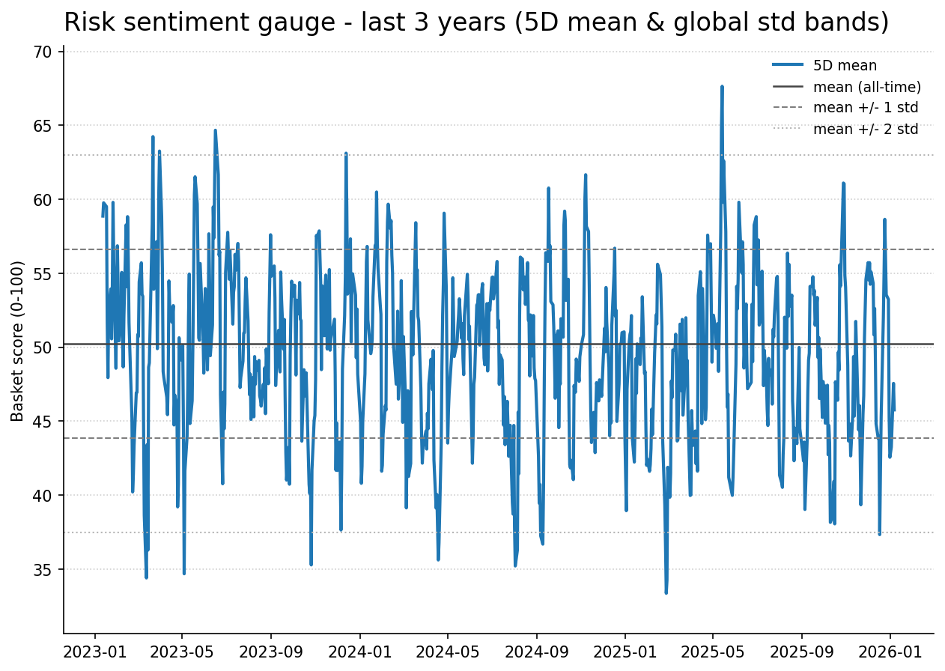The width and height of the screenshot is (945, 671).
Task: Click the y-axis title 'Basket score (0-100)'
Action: tap(18, 341)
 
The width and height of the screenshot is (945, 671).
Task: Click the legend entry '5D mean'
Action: tap(845, 66)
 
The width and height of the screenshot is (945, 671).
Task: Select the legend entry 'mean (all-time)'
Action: tap(867, 87)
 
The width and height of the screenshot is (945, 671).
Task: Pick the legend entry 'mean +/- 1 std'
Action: tap(866, 108)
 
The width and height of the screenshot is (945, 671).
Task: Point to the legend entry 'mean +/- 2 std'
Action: tap(866, 129)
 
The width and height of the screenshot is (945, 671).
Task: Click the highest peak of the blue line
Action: tap(722, 86)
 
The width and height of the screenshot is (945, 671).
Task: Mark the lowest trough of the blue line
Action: tap(666, 593)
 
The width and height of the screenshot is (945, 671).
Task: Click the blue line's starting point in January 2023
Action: tap(103, 216)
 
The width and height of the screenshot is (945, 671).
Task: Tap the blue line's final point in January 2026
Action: tap(894, 410)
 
